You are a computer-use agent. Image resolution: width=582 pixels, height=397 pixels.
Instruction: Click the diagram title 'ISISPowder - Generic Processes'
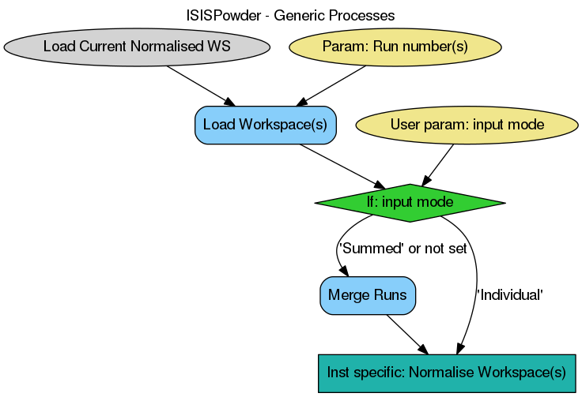point(290,15)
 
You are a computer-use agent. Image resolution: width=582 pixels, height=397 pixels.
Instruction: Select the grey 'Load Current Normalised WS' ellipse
point(137,47)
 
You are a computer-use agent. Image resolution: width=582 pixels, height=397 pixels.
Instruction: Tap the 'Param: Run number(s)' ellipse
point(395,47)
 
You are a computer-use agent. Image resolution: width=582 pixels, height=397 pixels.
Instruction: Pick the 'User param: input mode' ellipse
point(467,125)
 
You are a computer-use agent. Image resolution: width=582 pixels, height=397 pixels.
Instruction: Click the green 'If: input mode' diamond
point(410,203)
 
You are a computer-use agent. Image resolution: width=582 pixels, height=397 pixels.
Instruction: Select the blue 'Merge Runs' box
point(368,295)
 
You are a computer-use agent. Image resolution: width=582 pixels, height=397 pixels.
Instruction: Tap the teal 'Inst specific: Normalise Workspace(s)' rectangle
point(446,373)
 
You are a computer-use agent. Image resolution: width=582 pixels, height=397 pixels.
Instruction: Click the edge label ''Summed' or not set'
point(402,249)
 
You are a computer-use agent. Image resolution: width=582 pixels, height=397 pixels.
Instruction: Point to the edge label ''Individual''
point(509,294)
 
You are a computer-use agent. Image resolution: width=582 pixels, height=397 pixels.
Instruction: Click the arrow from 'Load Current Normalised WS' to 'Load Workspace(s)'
point(201,86)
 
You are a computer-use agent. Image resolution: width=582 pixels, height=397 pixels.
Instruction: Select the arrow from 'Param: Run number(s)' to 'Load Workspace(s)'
point(332,85)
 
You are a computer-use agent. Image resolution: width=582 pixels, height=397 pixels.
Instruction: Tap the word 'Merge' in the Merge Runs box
point(349,295)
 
